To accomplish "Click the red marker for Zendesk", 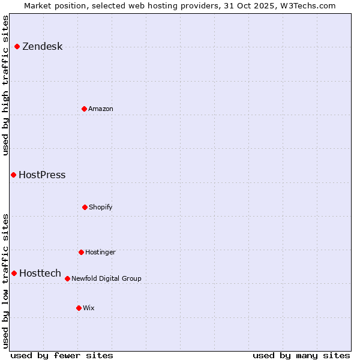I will tap(17, 47).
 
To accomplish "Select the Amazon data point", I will tap(84, 109).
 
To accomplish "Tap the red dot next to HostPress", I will tap(13, 175).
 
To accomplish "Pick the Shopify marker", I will tap(85, 207).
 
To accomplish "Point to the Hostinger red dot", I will tap(81, 252).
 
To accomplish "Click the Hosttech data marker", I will tap(14, 273).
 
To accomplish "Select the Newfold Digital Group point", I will tap(67, 278).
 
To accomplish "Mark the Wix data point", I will tap(79, 308).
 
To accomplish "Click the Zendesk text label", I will tap(42, 47).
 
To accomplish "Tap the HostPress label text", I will tap(42, 175).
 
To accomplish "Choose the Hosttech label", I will tap(40, 274).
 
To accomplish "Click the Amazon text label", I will tap(101, 109).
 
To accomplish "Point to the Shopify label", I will tap(101, 207).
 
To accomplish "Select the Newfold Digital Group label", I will tap(106, 278).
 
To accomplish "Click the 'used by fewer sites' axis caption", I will tap(62, 355).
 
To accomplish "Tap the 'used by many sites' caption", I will tap(301, 355).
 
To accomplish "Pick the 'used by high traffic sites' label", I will tap(5, 85).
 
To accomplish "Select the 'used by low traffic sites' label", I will tap(5, 280).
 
